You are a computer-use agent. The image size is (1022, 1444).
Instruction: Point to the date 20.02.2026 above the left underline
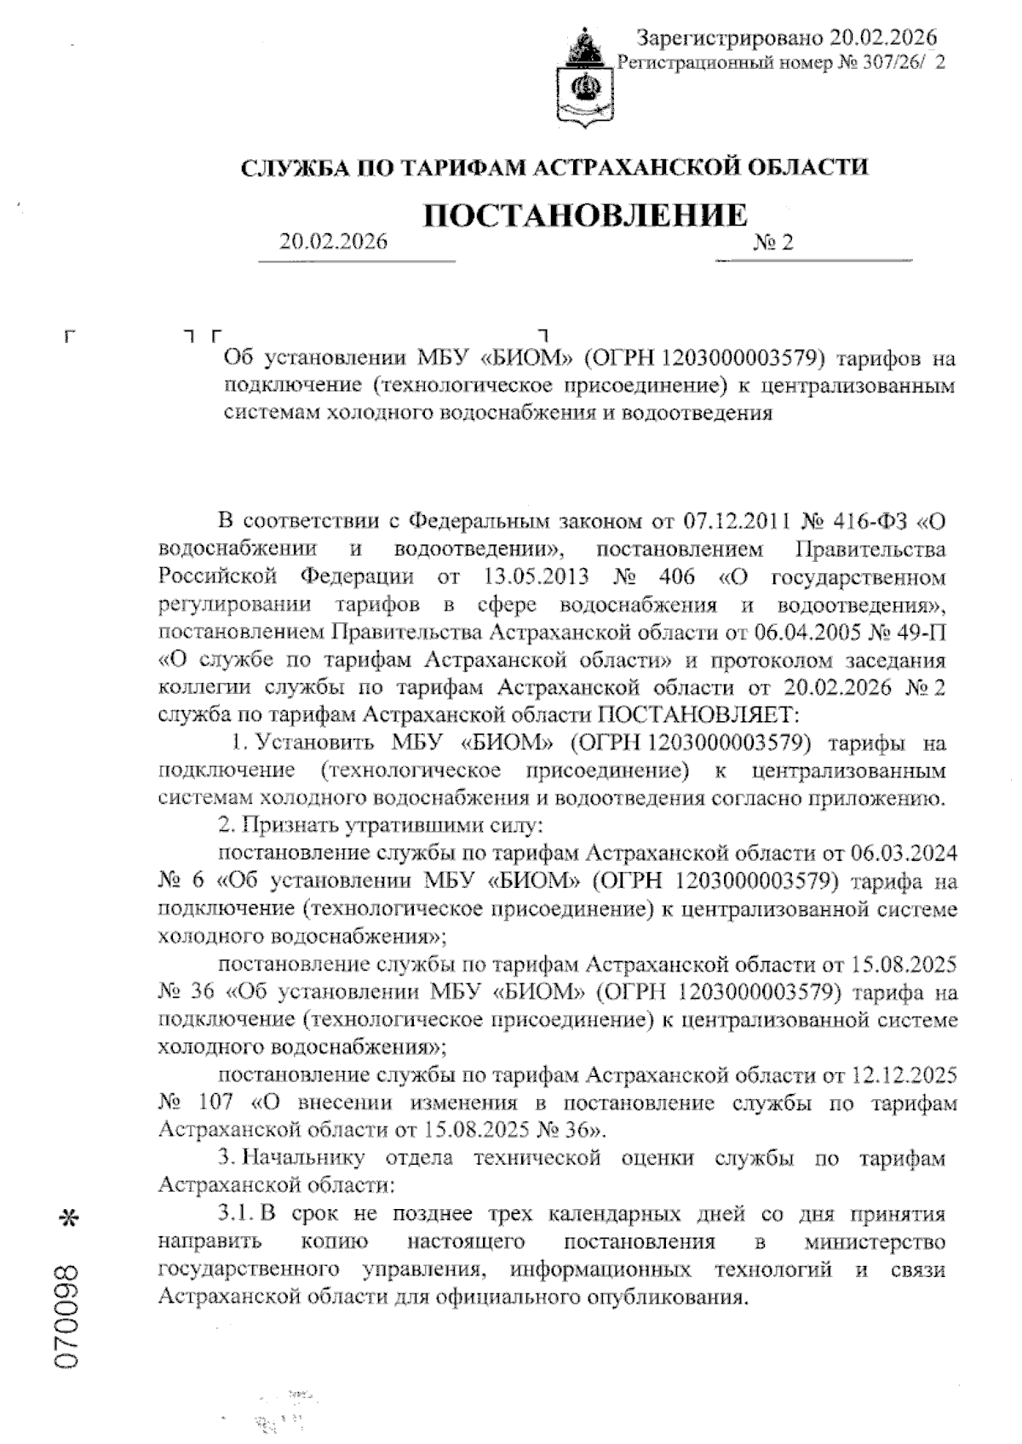(333, 242)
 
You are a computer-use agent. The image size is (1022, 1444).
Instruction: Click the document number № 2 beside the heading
(773, 243)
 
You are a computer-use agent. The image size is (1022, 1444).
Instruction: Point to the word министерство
(875, 1241)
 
